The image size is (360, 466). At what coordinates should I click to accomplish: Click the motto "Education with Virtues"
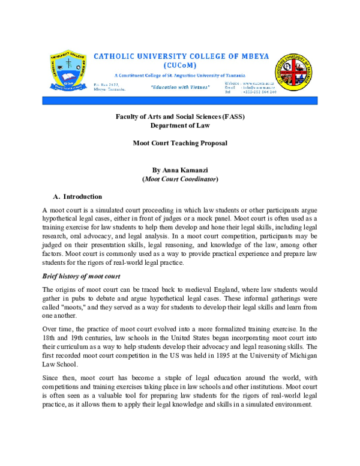[x=180, y=88]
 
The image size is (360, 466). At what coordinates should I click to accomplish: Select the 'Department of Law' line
[x=180, y=125]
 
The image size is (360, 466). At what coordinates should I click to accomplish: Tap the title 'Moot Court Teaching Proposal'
[x=180, y=145]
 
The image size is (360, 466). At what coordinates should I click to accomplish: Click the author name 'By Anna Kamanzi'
[x=180, y=170]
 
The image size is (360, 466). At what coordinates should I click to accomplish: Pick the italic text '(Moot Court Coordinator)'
[x=180, y=180]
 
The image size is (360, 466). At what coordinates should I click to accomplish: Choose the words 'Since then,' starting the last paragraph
[x=59, y=380]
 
